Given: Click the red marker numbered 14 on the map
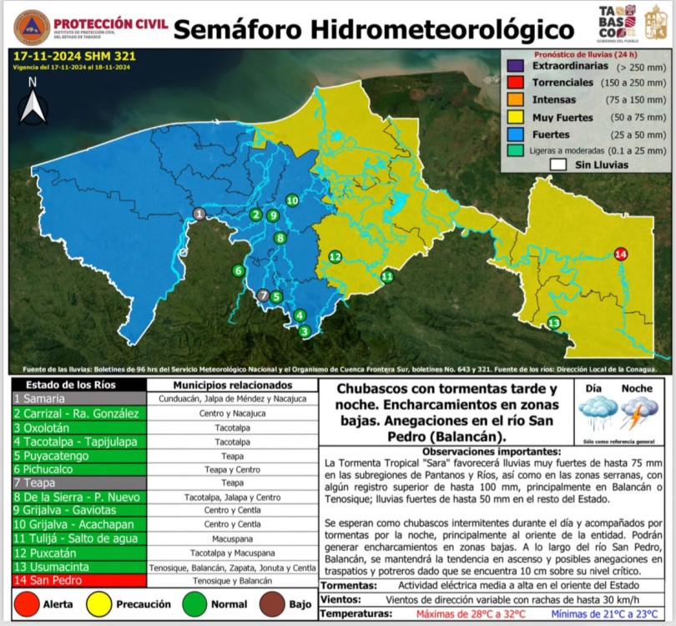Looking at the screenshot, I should point(620,254).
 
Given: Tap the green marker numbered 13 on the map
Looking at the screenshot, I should point(553,323).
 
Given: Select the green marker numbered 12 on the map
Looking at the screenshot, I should point(335,256).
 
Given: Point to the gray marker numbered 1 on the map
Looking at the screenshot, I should point(199,215).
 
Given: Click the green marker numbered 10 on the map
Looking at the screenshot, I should point(292,200).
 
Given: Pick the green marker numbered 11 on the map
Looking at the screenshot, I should point(387,276).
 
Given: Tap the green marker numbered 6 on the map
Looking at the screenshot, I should point(239,270).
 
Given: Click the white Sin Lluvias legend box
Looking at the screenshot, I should point(558,165).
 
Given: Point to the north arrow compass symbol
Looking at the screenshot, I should point(33,103).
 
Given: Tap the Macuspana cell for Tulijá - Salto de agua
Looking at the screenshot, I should point(232,539).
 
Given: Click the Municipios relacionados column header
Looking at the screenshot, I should point(232,386).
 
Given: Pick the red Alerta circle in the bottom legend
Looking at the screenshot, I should point(28,603).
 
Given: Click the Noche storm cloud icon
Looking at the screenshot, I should point(638,413).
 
